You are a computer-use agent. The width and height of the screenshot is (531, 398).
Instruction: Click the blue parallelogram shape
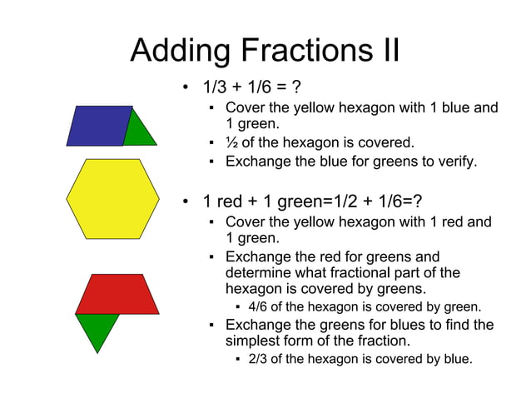[x=98, y=125]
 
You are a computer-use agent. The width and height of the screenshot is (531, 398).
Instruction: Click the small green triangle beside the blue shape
[x=141, y=132]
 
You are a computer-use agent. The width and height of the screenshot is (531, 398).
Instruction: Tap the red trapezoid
[x=117, y=294]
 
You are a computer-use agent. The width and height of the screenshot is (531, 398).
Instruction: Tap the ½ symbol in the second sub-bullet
[x=231, y=142]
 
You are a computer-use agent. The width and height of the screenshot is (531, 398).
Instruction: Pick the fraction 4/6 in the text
[x=260, y=307]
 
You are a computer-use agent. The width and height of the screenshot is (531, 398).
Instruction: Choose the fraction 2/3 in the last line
[x=260, y=359]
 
